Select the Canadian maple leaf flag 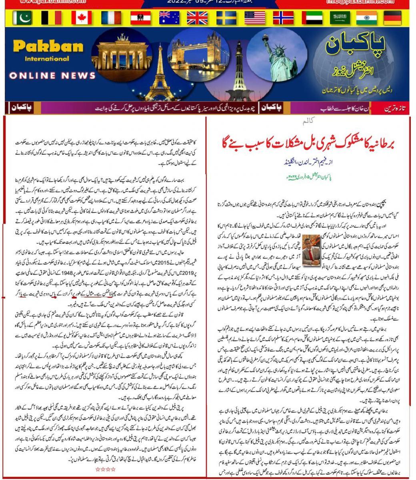82,18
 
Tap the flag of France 111,18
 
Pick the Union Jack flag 197,18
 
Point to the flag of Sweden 226,18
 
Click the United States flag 255,18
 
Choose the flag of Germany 392,18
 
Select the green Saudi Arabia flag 340,18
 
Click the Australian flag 169,18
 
